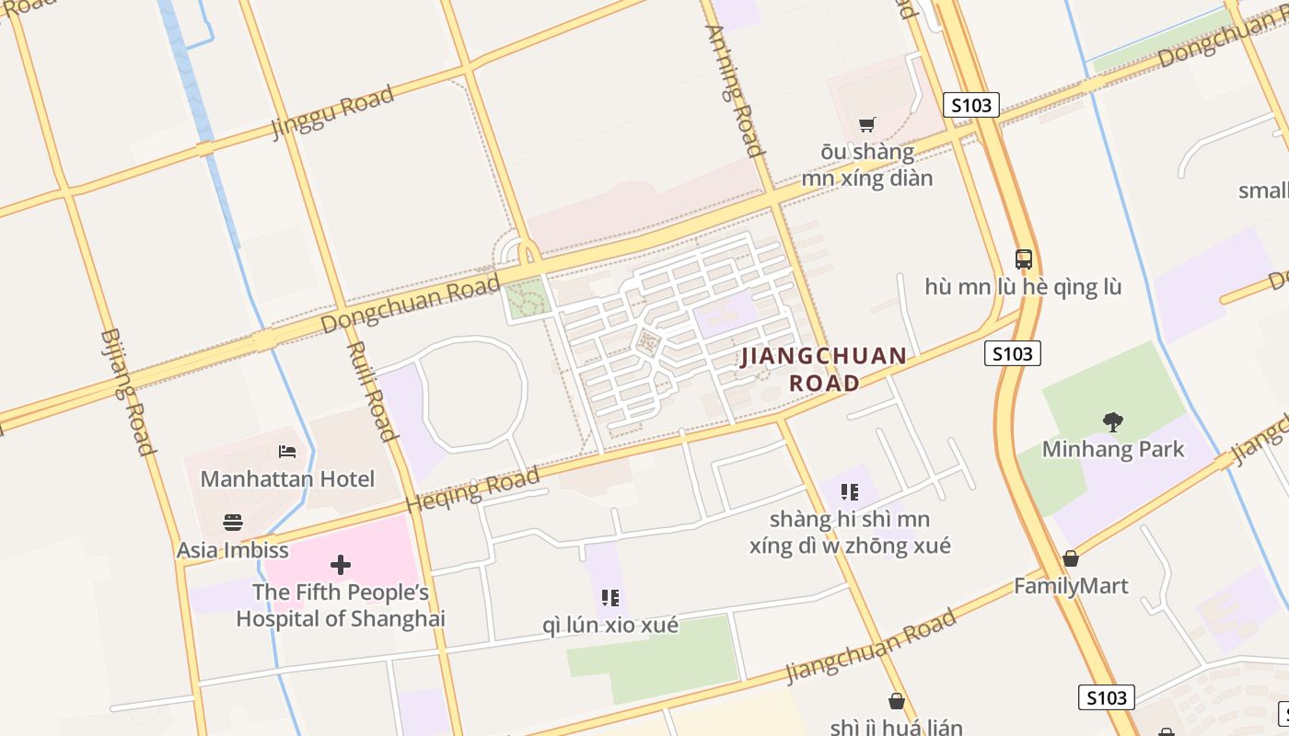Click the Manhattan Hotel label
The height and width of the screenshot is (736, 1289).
[x=287, y=479]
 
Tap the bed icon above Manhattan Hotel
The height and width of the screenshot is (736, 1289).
[x=287, y=452]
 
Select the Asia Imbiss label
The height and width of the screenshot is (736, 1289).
[x=232, y=550]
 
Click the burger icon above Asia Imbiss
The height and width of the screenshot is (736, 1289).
[x=233, y=523]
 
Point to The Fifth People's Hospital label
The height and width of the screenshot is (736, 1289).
[x=341, y=605]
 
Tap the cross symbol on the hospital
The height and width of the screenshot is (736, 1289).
[x=341, y=565]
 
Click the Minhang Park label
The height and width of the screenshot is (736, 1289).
[x=1113, y=449]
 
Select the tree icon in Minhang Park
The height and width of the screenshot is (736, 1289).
[x=1113, y=422]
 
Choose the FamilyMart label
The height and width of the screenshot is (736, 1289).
[x=1071, y=586]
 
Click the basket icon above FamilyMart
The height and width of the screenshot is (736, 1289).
[x=1071, y=558]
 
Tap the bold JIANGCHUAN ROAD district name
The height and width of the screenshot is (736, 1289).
[x=824, y=369]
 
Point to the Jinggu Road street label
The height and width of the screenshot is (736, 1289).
[x=332, y=112]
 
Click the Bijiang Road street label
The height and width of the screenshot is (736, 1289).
[x=126, y=392]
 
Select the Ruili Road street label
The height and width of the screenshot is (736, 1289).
[x=370, y=391]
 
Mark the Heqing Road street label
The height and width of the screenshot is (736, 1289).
[x=472, y=490]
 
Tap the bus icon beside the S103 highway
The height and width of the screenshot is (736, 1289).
[x=1024, y=259]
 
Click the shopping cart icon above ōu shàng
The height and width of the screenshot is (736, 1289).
[x=866, y=124]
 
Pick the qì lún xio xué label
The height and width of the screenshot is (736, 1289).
[x=610, y=626]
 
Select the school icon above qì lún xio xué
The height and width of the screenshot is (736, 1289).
[x=610, y=598]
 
